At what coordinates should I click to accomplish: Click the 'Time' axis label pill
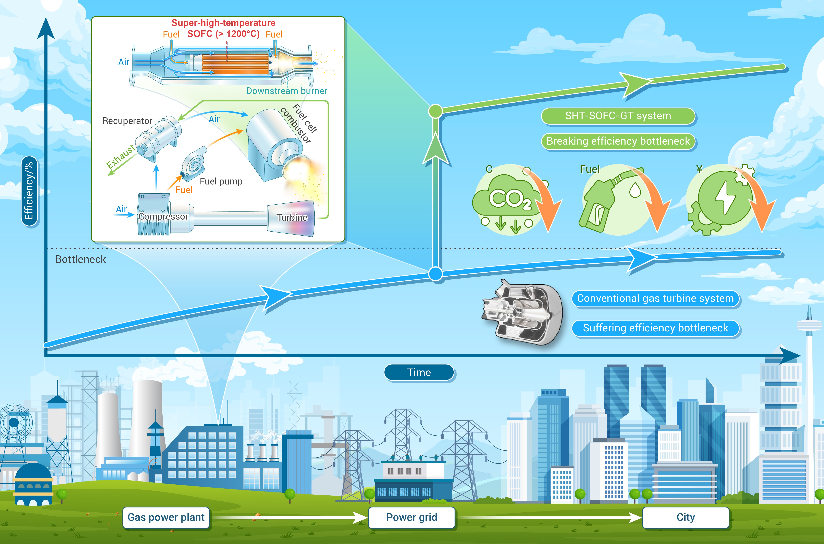[419, 372]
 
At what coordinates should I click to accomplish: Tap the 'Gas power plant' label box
[166, 517]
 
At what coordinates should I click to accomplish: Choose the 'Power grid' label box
[412, 517]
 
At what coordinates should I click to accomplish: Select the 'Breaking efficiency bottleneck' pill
[618, 141]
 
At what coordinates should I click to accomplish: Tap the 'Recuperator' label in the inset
[127, 121]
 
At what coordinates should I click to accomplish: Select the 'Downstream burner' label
[287, 91]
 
